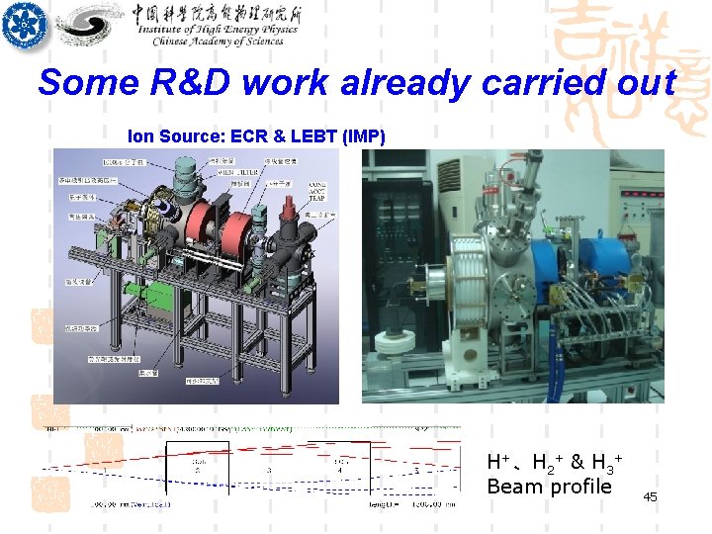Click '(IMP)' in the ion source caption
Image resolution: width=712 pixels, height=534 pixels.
click(363, 136)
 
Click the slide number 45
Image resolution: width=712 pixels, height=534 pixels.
click(650, 497)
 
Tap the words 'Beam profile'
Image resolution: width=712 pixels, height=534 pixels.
click(549, 486)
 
